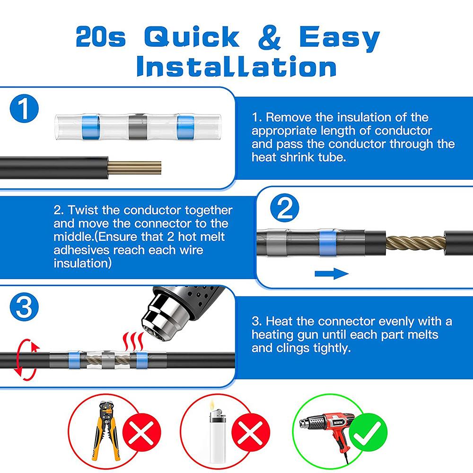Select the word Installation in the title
[x=236, y=67]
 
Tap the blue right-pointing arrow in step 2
[x=331, y=273]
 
